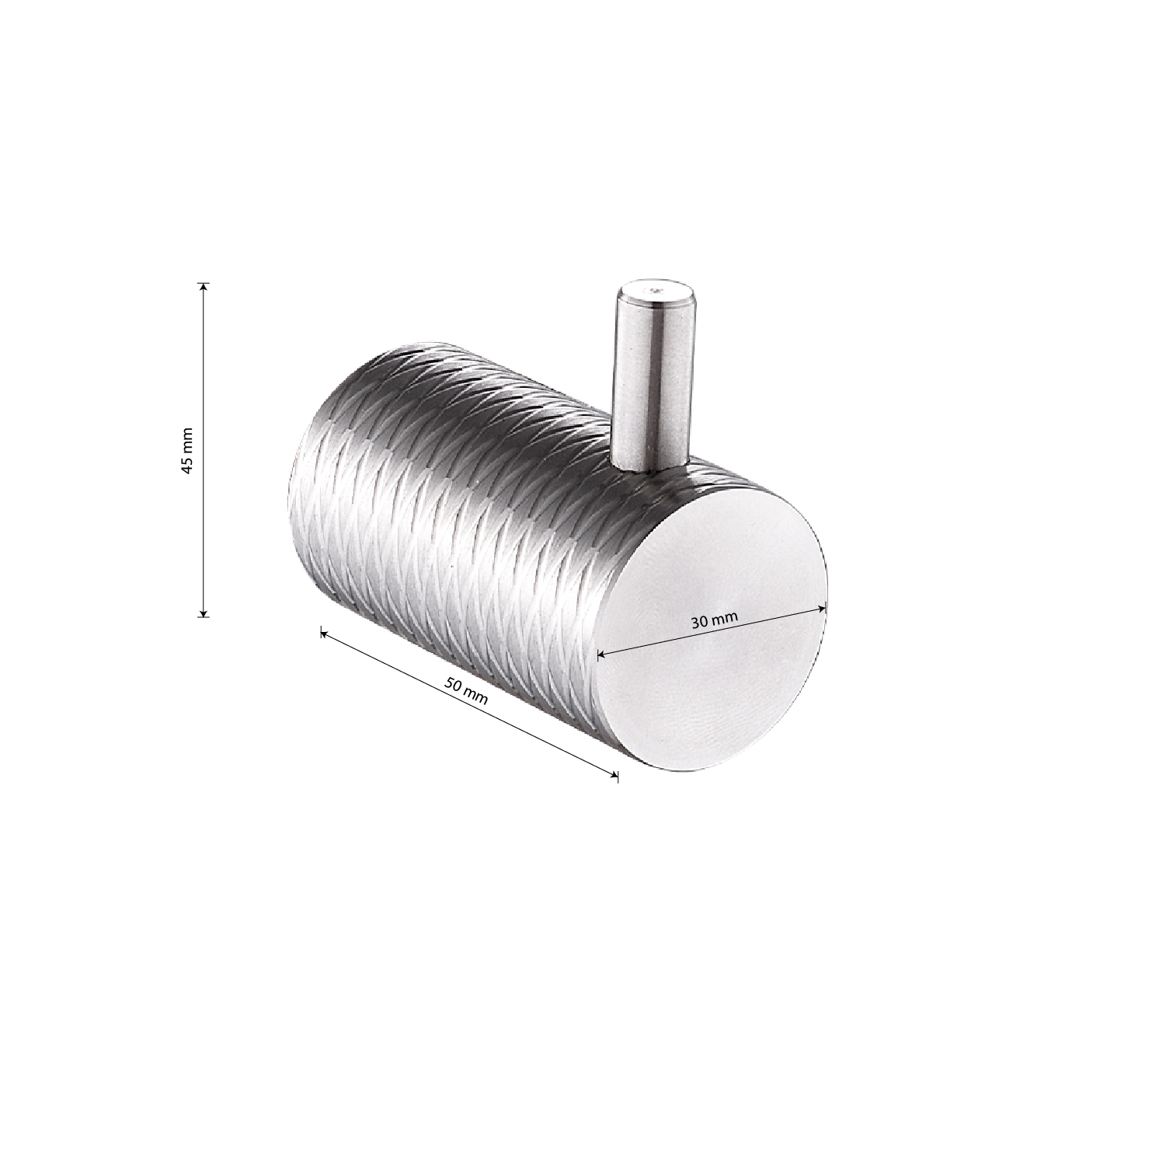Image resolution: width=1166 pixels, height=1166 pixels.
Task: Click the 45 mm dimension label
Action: (187, 450)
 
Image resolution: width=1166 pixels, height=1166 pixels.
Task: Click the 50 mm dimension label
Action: (467, 691)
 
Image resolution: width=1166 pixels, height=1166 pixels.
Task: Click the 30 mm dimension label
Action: (713, 620)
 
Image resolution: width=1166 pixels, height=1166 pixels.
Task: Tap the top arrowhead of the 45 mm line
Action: (204, 288)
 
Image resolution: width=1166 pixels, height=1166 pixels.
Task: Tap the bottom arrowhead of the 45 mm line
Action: (204, 611)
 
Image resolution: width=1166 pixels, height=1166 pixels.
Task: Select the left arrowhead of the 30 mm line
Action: (602, 656)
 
